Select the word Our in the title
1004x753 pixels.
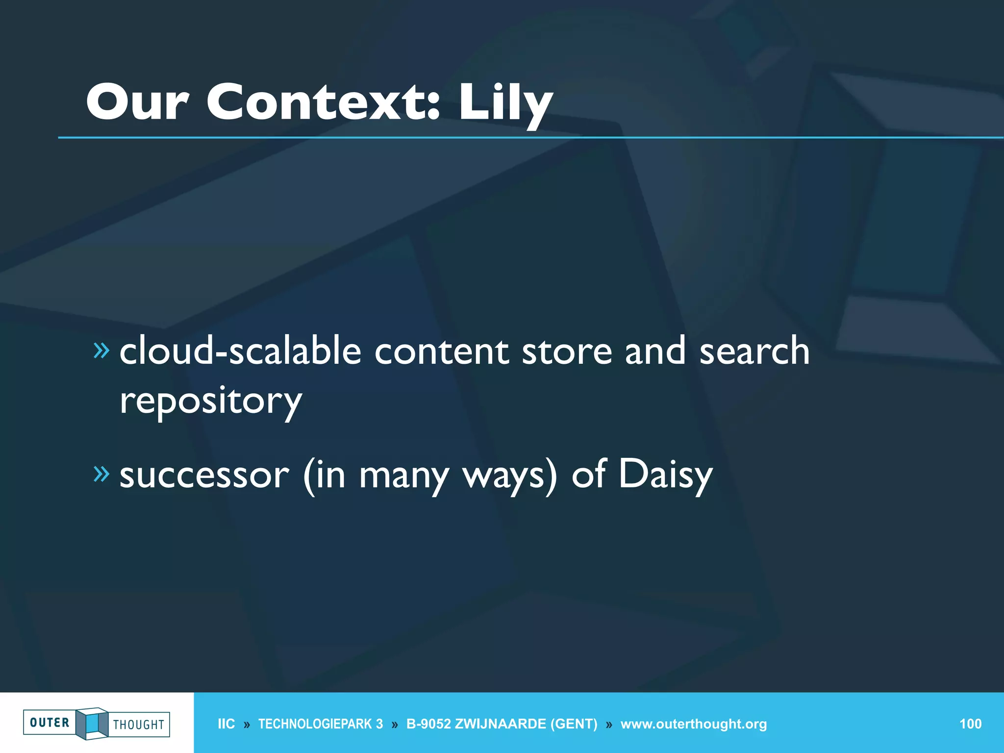[x=138, y=101]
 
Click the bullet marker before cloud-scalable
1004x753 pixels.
[x=101, y=350]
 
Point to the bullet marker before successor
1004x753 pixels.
[x=101, y=474]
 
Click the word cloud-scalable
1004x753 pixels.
[x=240, y=351]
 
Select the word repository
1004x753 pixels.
[x=211, y=401]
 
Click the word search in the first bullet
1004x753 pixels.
[x=754, y=351]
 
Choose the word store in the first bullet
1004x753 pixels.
[x=567, y=351]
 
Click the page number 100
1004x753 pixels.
[x=970, y=724]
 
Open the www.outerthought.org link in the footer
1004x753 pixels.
[x=693, y=724]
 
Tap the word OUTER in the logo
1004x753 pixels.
[x=50, y=723]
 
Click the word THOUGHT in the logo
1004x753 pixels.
[x=139, y=725]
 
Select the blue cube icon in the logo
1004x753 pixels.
[x=92, y=723]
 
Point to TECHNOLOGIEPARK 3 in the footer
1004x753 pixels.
[x=320, y=724]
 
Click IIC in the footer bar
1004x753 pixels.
[x=226, y=724]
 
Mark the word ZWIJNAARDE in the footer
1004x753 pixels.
[x=501, y=724]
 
